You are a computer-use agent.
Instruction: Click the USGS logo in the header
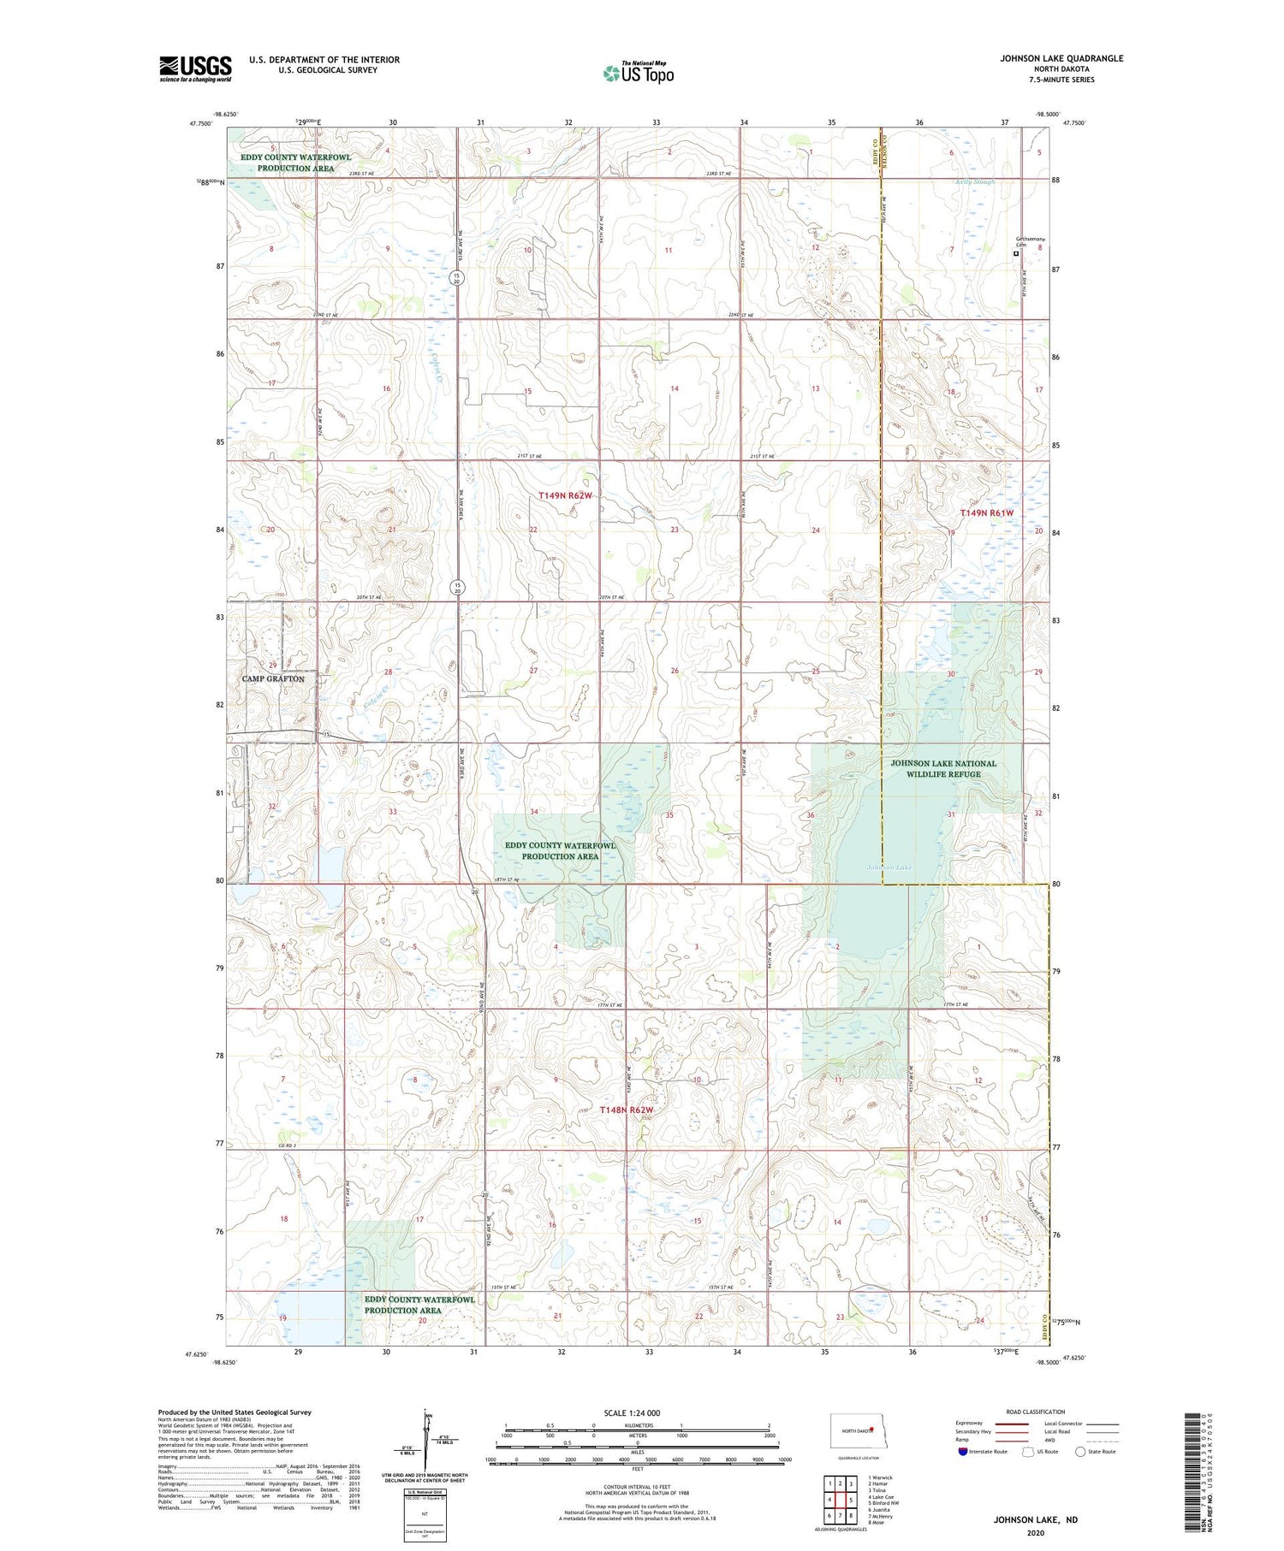[195, 68]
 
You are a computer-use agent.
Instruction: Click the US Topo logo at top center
[638, 73]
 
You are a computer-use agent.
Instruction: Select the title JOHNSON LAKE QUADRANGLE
[1061, 58]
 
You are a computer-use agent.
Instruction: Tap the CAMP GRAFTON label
[273, 678]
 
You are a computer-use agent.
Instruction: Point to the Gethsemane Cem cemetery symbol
[1016, 253]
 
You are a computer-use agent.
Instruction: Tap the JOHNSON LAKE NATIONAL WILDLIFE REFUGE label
[943, 768]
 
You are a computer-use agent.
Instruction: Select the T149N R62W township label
[565, 495]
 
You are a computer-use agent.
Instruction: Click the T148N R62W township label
[627, 1110]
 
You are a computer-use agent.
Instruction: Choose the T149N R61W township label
[986, 512]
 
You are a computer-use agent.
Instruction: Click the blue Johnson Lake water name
[889, 867]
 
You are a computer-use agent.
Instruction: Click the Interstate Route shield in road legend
[963, 1451]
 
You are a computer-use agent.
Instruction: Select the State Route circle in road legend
[1080, 1451]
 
